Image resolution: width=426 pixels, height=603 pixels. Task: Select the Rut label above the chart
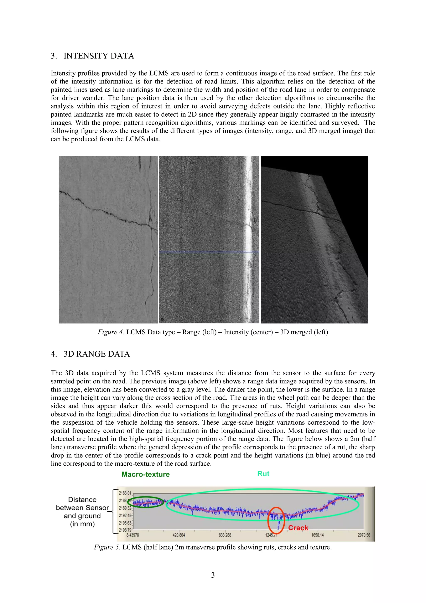[263, 474]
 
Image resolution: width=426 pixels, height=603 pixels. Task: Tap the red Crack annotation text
[298, 528]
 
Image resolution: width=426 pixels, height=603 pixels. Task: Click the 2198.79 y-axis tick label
[125, 530]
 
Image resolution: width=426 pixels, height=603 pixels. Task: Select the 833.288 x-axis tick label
[225, 535]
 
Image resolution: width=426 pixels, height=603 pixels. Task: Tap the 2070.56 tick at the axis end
[364, 535]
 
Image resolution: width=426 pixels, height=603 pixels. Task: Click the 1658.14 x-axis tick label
[318, 535]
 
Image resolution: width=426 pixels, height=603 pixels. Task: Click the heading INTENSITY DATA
[99, 56]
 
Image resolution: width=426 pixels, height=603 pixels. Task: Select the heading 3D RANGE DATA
[97, 354]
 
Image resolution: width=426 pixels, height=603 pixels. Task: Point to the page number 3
[213, 575]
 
